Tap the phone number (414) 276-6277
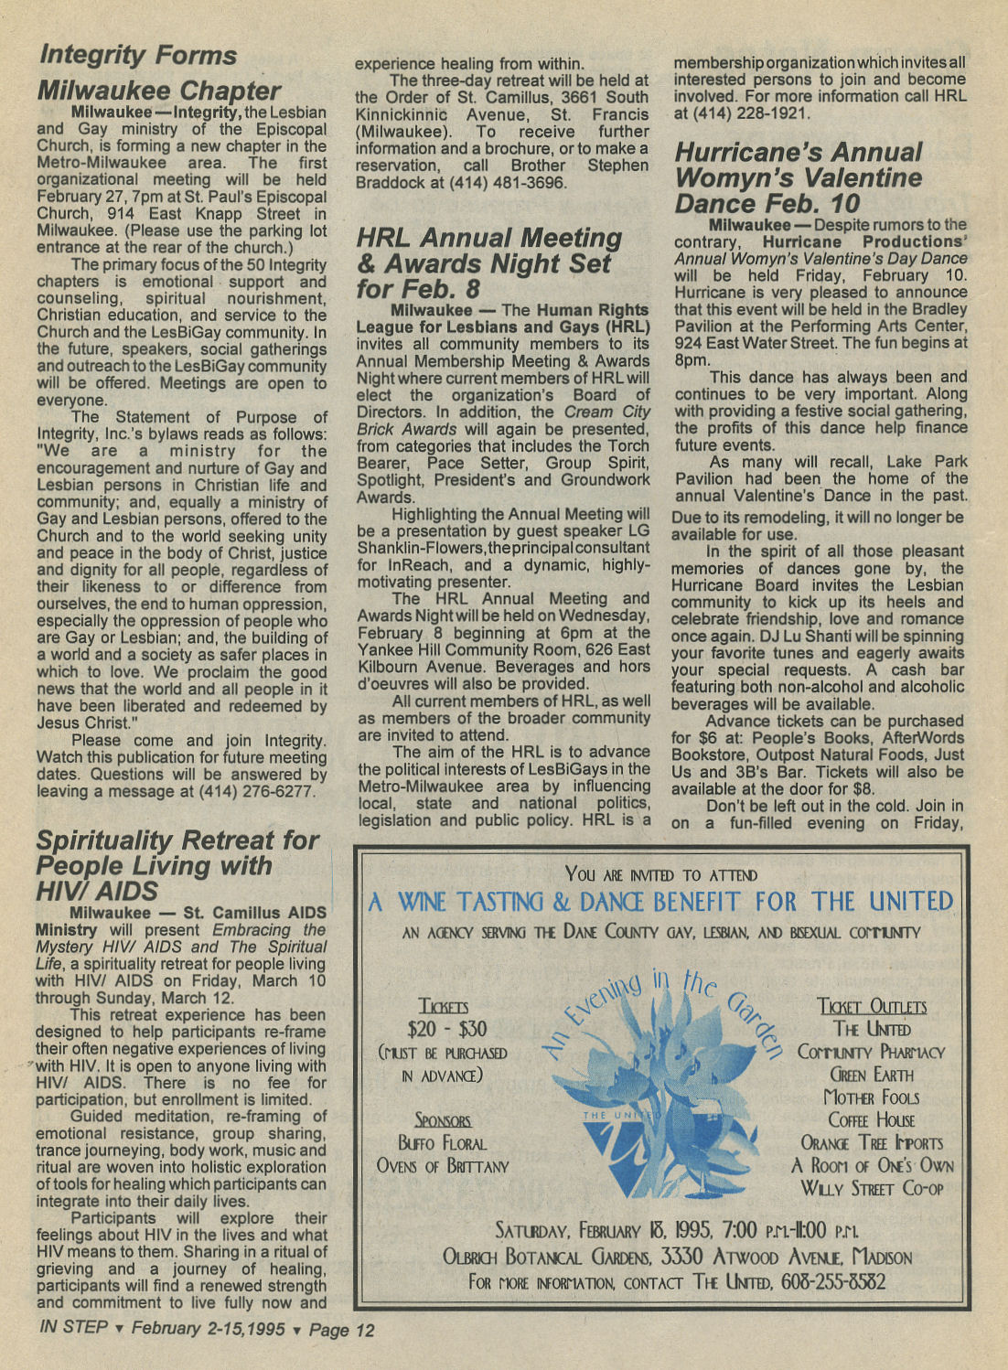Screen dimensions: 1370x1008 (260, 791)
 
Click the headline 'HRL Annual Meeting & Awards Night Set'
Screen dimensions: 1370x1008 (488, 263)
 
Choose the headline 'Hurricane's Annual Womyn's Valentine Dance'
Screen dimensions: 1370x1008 (798, 177)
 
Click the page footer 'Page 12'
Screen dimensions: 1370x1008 (341, 1330)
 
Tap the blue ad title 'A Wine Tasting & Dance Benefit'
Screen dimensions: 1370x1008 (659, 903)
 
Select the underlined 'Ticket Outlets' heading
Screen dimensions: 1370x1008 (871, 1007)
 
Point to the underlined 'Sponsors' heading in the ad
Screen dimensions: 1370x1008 (443, 1120)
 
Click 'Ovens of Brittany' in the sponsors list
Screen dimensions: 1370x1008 (443, 1166)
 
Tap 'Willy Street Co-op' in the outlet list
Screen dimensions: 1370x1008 (871, 1189)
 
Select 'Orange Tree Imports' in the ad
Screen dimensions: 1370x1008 (871, 1143)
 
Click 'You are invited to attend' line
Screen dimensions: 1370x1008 (660, 875)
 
